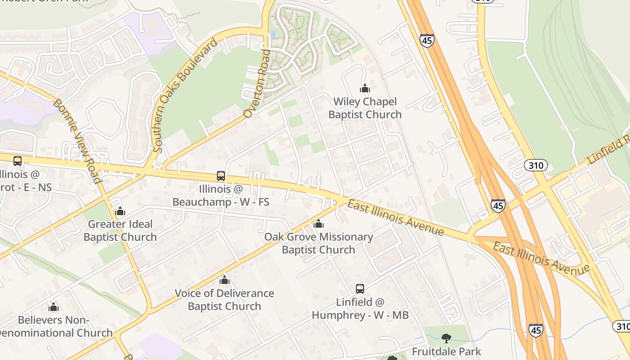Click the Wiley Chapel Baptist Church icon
point(365,88)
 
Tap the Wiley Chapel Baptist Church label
point(365,108)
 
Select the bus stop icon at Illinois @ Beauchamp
point(221,176)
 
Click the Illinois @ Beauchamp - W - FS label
point(221,196)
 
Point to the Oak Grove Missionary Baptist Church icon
point(319,224)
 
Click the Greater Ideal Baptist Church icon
point(120,211)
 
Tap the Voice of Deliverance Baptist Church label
point(224,300)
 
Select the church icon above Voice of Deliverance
point(225,280)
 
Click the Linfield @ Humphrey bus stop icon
point(360,289)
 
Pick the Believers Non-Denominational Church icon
point(54,307)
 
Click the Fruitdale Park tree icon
point(446,338)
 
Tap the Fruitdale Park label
point(446,351)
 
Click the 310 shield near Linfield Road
point(535,165)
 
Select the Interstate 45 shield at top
point(427,40)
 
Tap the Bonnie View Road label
point(76,140)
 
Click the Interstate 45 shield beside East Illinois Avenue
point(498,205)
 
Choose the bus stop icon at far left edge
point(18,161)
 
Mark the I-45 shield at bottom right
point(535,330)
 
